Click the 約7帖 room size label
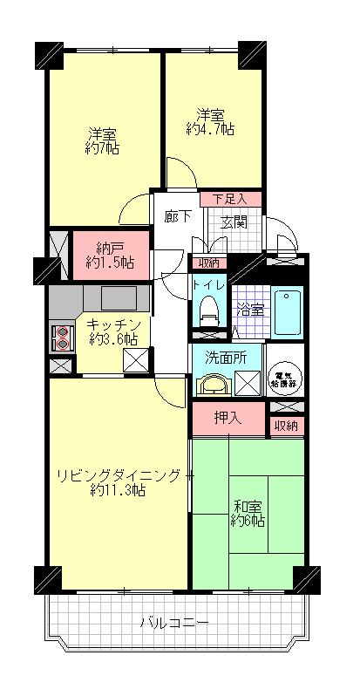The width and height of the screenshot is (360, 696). (103, 148)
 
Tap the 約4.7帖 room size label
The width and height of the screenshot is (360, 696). (210, 129)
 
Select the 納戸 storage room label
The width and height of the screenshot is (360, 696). (110, 248)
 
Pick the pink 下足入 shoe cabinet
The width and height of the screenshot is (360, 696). (230, 199)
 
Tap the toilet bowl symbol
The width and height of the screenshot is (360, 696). (208, 308)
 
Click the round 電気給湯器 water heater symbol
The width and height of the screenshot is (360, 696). (282, 377)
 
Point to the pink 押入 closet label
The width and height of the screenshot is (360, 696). (227, 420)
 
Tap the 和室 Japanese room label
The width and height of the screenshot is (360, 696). (248, 505)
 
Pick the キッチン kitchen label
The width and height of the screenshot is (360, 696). (113, 324)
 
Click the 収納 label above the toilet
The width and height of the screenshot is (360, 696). (207, 263)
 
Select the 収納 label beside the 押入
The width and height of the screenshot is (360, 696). (285, 426)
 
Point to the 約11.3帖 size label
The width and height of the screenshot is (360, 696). (117, 490)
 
